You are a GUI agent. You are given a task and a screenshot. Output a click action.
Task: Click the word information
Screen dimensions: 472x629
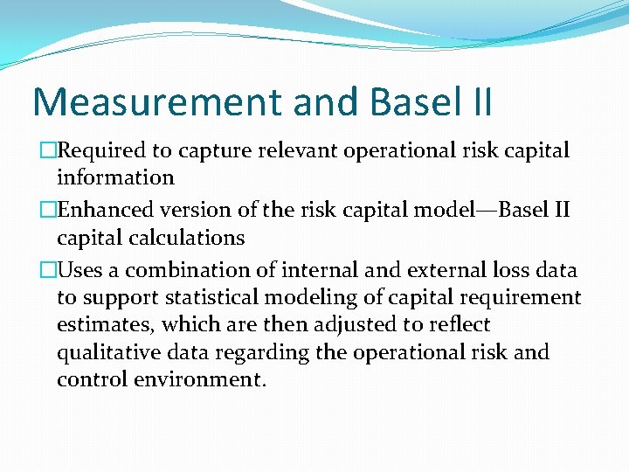(x=115, y=177)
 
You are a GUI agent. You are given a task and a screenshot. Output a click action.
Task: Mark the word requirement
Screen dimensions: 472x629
(x=521, y=298)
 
